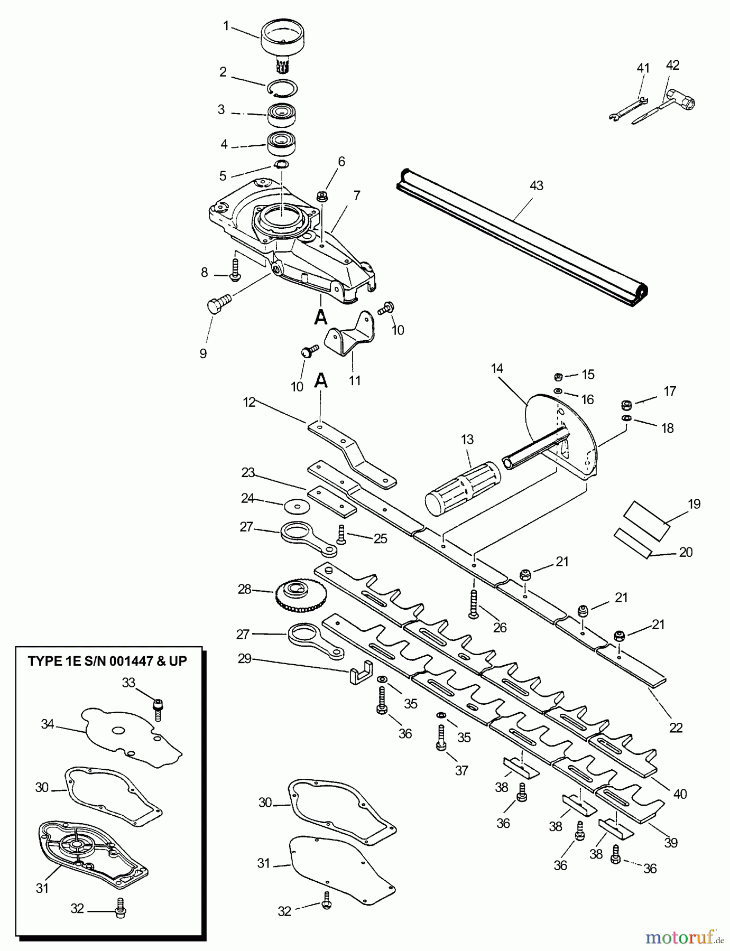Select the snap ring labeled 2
(x=282, y=87)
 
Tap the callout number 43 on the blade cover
(x=536, y=186)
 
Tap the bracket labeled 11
(x=352, y=337)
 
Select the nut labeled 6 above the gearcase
(x=321, y=197)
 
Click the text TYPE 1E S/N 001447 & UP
(x=107, y=661)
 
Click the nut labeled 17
(x=625, y=406)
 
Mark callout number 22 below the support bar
(x=676, y=728)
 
